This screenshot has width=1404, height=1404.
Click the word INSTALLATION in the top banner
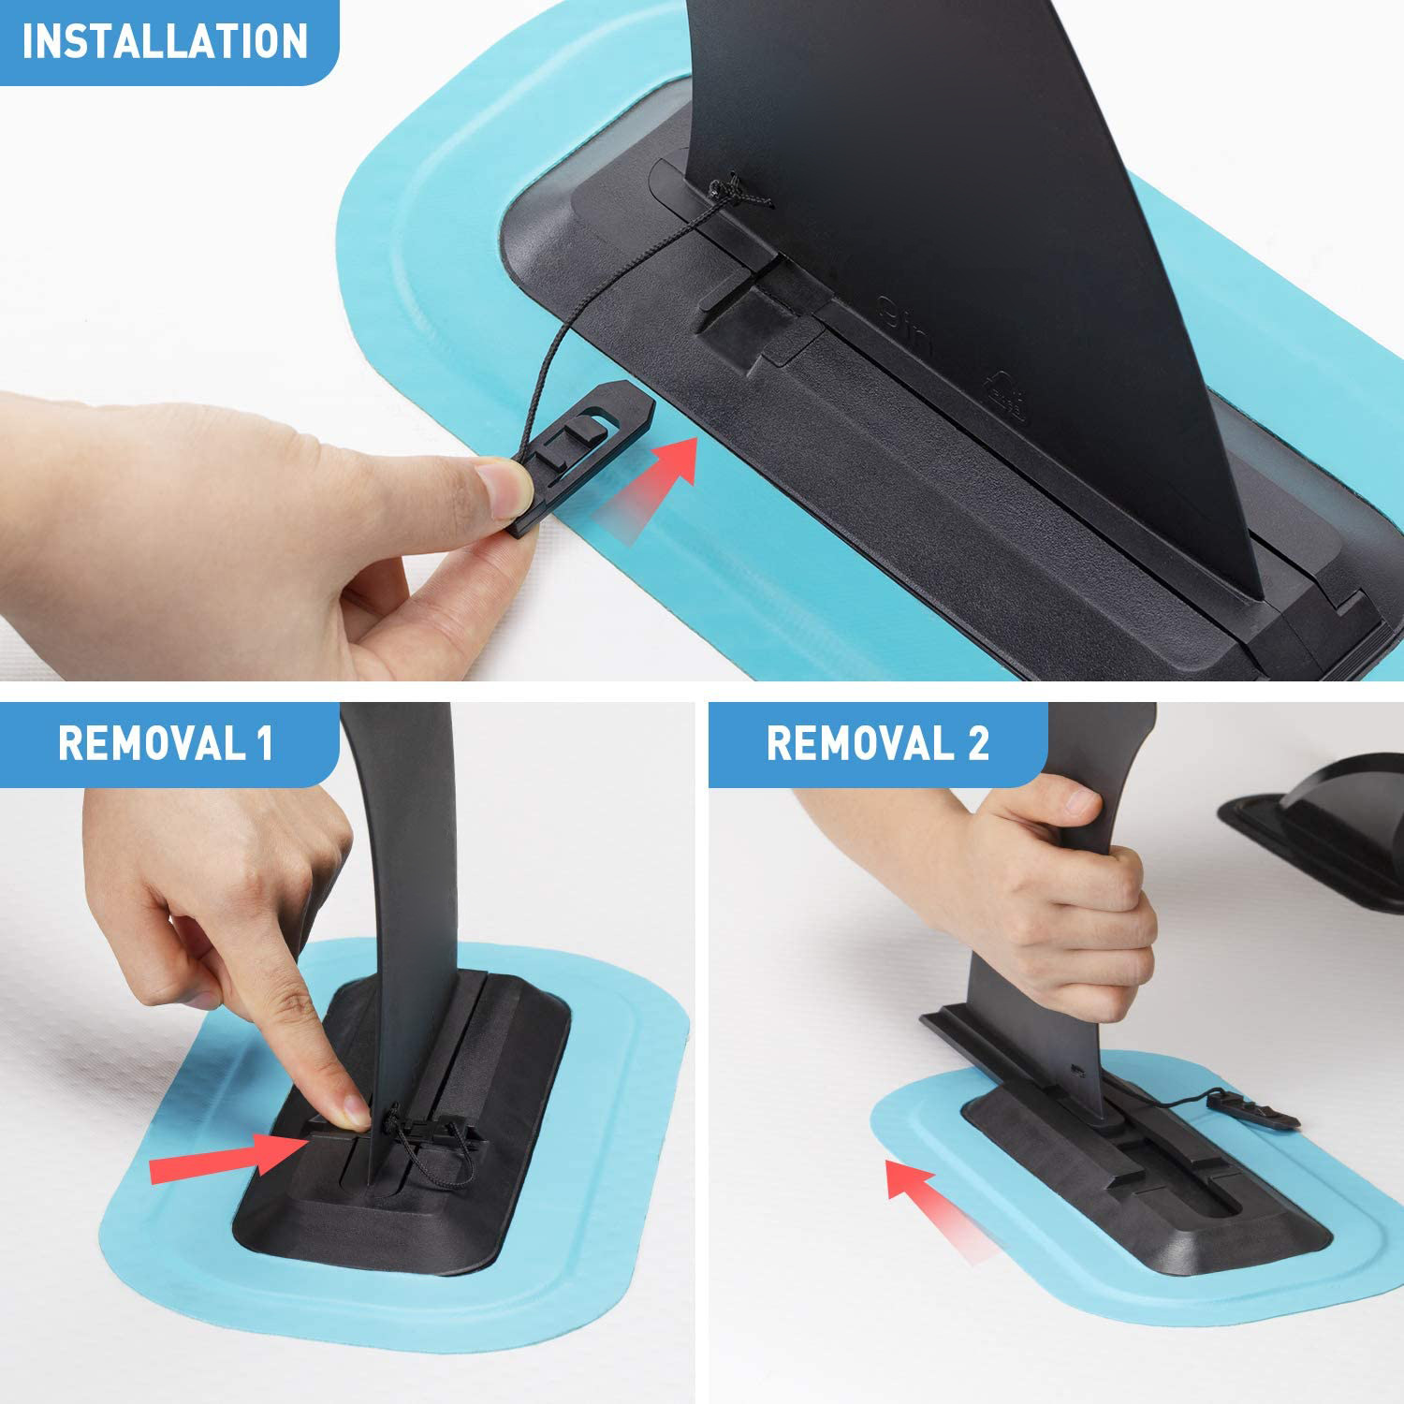coord(165,41)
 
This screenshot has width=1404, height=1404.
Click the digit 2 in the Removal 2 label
coord(977,743)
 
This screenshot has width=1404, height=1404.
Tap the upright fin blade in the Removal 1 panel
coord(402,889)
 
